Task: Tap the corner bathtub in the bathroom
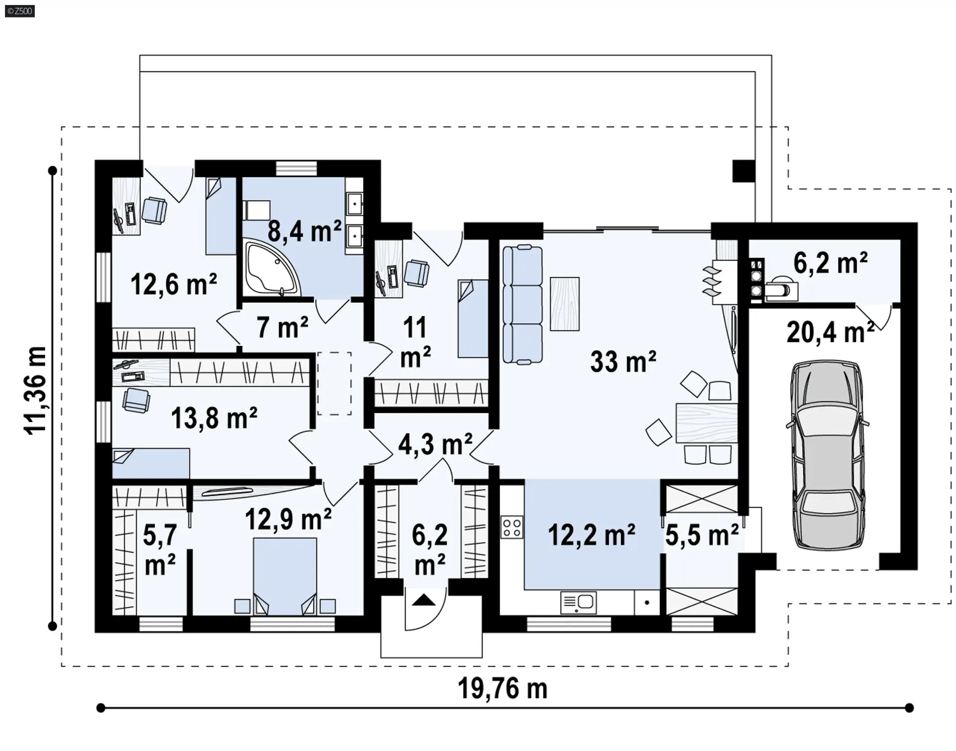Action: point(271,267)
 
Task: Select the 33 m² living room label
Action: point(623,361)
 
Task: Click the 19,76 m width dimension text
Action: point(502,688)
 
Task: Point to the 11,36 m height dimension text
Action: point(36,391)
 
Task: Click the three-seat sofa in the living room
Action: point(522,305)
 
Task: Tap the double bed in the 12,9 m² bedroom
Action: point(285,576)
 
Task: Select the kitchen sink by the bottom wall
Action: point(578,603)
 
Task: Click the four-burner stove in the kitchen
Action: point(512,528)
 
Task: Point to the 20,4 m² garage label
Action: point(831,332)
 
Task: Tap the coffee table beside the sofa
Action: point(565,304)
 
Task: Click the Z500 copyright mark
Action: point(20,11)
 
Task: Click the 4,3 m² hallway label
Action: point(435,444)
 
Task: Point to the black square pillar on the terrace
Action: point(744,171)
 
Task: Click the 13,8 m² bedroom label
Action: point(214,418)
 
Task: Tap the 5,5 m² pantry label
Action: point(702,535)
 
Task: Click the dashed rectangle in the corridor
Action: point(334,383)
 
